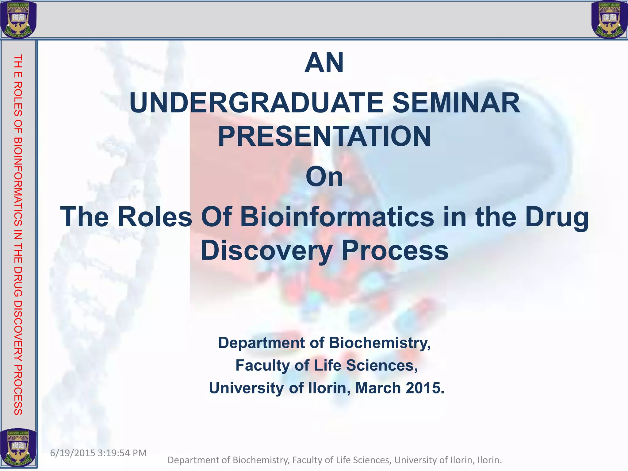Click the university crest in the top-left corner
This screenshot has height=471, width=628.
point(18,19)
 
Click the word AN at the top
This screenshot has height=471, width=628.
point(324,63)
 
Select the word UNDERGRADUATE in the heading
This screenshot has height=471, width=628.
point(256,103)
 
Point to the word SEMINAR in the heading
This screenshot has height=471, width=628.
point(456,103)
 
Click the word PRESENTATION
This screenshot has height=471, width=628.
point(324,136)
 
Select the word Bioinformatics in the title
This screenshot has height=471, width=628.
point(337,217)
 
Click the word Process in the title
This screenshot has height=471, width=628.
point(395,251)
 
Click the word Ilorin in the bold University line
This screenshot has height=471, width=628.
point(328,388)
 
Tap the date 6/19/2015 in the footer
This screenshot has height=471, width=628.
point(72,453)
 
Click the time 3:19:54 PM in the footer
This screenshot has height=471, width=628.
point(123,453)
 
